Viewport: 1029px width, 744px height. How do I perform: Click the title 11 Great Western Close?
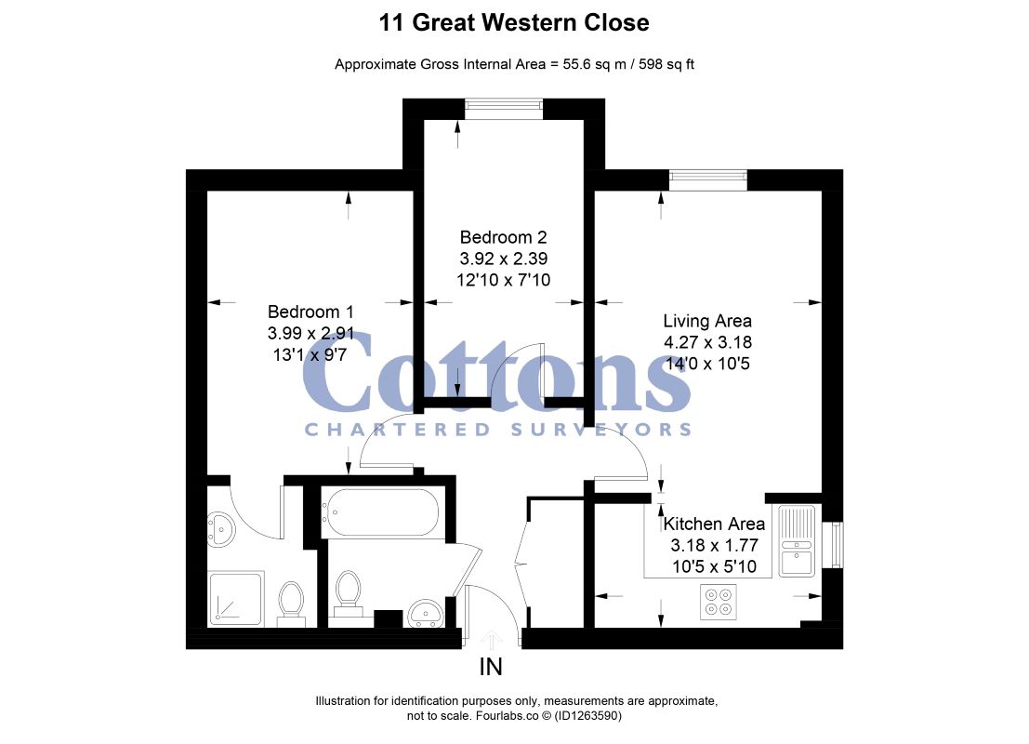(514, 22)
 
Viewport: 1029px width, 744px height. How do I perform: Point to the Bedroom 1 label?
(310, 312)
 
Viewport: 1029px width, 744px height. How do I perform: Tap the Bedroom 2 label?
(503, 237)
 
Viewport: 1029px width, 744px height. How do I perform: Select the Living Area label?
(707, 321)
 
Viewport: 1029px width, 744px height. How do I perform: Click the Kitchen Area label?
(714, 524)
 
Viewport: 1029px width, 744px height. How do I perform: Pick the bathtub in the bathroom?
(380, 512)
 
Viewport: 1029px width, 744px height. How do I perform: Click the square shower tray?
(236, 598)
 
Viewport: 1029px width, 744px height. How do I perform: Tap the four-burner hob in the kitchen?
(718, 602)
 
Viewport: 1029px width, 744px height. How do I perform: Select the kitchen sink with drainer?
(797, 540)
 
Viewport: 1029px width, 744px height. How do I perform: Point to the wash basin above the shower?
(220, 529)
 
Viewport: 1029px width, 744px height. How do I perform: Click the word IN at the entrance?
(491, 667)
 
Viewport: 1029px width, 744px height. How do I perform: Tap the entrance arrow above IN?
(491, 639)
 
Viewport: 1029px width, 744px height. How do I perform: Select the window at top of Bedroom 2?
(504, 109)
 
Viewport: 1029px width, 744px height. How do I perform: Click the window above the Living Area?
(708, 179)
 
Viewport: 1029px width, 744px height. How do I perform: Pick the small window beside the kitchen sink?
(835, 544)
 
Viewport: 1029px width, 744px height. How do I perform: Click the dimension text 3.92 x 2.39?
(503, 259)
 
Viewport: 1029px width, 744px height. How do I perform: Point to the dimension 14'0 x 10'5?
(707, 364)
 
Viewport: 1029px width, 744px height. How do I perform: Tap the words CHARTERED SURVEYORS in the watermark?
(498, 430)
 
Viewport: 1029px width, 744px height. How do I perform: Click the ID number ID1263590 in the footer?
(587, 716)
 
